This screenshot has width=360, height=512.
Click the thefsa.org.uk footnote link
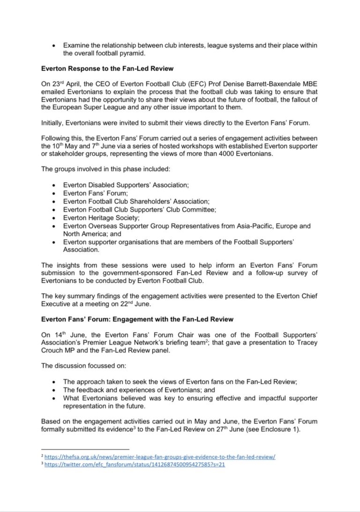160,456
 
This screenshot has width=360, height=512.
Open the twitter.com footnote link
135,465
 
